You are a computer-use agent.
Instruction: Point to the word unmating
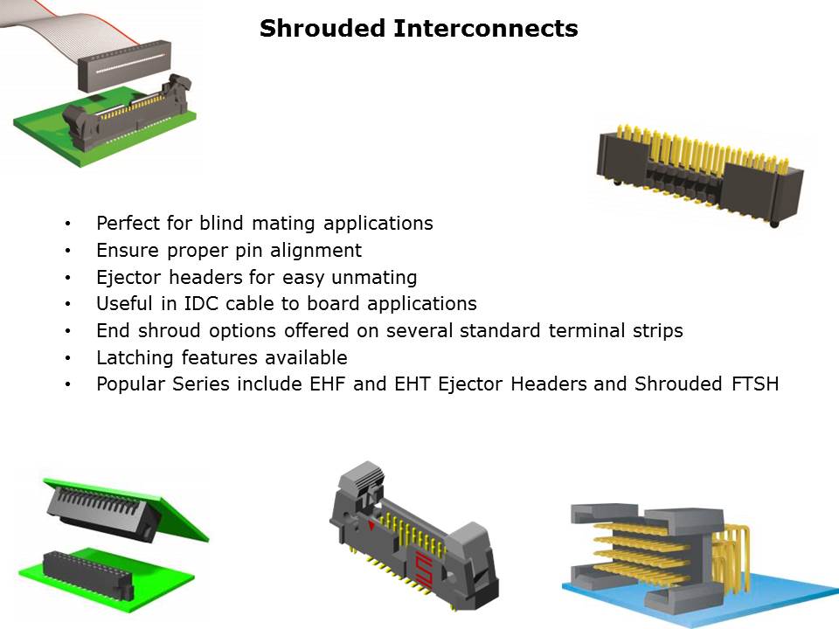pyautogui.click(x=377, y=278)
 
